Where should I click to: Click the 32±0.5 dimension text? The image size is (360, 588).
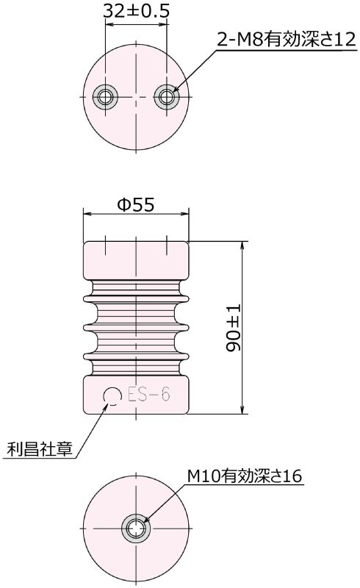click(x=137, y=10)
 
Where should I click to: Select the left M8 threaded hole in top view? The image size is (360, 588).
click(x=106, y=96)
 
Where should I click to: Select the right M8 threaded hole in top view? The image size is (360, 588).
click(x=168, y=96)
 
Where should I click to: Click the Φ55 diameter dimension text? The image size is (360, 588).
click(x=136, y=206)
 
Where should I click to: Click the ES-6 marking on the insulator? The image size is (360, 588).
click(x=148, y=396)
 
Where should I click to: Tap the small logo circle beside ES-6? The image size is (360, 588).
click(x=112, y=396)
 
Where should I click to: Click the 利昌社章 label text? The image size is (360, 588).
click(x=40, y=448)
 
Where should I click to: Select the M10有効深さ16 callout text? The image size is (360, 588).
click(x=243, y=476)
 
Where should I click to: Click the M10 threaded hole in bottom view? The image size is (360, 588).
click(x=137, y=528)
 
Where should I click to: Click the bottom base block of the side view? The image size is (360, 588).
click(x=137, y=397)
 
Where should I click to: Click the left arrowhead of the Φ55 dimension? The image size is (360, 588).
click(x=87, y=215)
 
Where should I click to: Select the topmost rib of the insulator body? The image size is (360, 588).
click(x=137, y=295)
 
